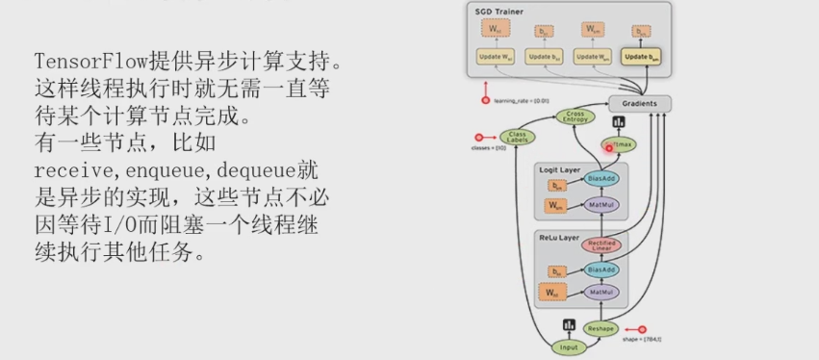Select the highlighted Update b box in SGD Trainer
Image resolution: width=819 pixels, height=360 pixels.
[642, 58]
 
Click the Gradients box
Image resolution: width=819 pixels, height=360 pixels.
[639, 103]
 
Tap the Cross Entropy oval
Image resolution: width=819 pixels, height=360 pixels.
[576, 116]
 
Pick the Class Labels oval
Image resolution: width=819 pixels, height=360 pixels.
[519, 138]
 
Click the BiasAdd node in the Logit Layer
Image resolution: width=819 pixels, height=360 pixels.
[601, 179]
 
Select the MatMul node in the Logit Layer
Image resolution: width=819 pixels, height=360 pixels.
[600, 204]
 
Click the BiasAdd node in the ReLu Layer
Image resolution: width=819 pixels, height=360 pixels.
[601, 270]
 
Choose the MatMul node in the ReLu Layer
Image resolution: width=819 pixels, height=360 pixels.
[600, 292]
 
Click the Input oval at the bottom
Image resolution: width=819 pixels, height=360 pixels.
[569, 347]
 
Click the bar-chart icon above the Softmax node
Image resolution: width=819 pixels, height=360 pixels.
[618, 122]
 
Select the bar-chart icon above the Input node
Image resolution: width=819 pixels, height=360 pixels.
[569, 324]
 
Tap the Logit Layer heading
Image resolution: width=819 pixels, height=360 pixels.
[559, 168]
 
